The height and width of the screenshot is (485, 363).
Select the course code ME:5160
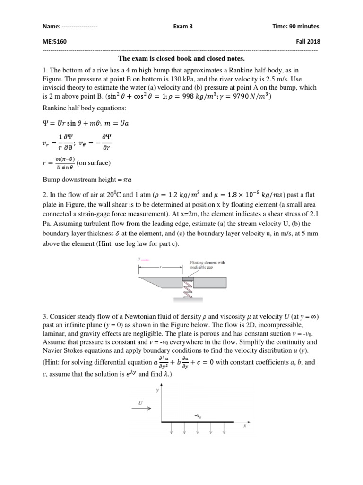(x=54, y=42)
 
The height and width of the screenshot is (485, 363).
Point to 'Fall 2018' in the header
(x=307, y=42)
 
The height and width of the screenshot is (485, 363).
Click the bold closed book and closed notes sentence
(x=181, y=59)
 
